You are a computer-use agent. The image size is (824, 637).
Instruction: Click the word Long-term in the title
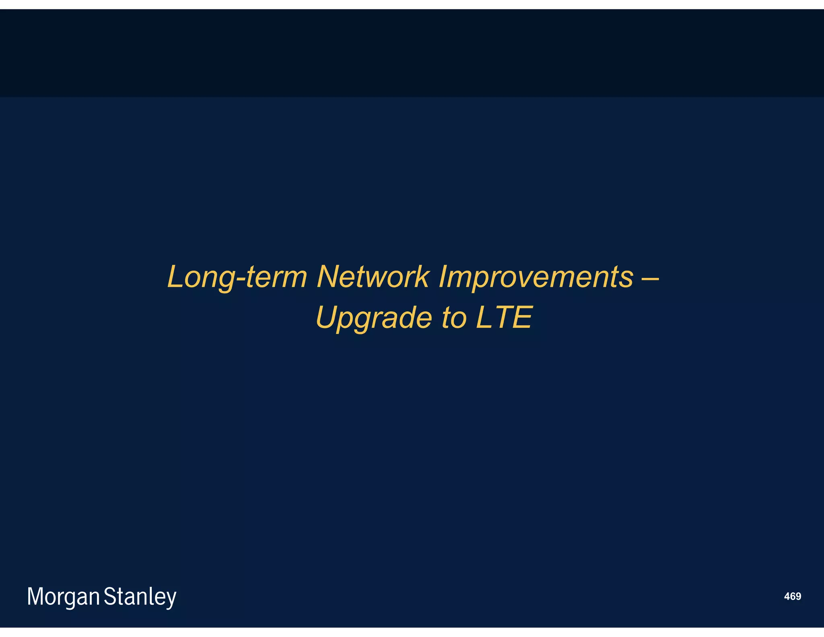[237, 277]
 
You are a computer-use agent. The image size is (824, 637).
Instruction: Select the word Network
[373, 277]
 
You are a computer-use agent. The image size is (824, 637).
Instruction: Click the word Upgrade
[374, 318]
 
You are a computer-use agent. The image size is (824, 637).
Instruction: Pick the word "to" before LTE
[454, 318]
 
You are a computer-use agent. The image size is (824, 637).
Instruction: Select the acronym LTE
[504, 317]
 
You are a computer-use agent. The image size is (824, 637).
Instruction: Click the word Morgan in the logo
[63, 597]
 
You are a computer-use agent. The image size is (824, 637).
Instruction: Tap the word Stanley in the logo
[140, 597]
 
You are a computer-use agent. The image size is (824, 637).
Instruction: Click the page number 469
[792, 596]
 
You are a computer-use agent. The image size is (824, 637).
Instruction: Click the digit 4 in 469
[787, 596]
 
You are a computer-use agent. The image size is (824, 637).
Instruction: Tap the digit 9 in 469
[798, 596]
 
